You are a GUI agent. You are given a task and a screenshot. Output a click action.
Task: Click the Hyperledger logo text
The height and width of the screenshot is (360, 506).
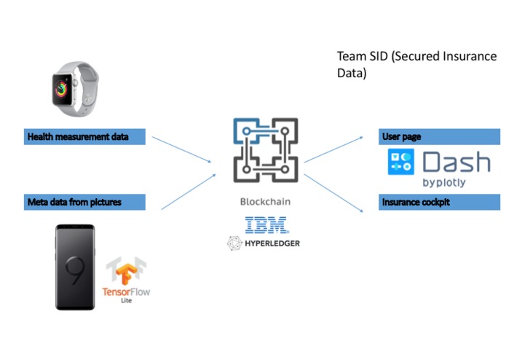(x=269, y=243)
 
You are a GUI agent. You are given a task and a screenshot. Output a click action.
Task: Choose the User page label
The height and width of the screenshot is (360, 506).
(x=401, y=136)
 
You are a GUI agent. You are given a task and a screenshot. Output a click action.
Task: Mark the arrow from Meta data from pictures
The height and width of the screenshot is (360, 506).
(x=188, y=192)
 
